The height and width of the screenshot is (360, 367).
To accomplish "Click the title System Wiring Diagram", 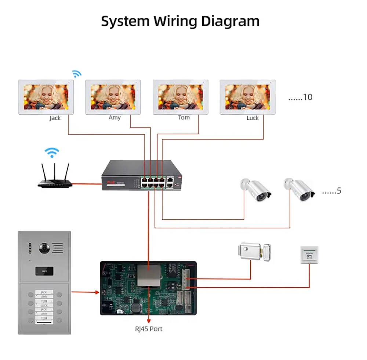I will [x=180, y=21].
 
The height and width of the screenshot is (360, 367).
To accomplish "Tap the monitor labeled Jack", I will [x=46, y=97].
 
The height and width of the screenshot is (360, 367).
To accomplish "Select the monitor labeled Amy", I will [x=113, y=97].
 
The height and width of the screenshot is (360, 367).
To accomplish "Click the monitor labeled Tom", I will [x=180, y=97].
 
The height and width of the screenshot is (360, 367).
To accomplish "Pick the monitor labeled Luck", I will [x=247, y=97].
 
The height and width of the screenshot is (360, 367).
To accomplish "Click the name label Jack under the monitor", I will [x=55, y=118].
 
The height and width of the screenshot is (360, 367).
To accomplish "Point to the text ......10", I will [x=300, y=97].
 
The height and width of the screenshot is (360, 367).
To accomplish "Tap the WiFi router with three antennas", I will [x=55, y=176].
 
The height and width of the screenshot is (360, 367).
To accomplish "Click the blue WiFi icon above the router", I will [x=52, y=152].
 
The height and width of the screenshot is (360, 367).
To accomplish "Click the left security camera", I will [x=255, y=190].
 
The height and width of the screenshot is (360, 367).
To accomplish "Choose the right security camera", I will [x=299, y=189].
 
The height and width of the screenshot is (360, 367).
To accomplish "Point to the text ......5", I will [x=331, y=191].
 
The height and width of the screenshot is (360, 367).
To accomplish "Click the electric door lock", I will [x=254, y=251].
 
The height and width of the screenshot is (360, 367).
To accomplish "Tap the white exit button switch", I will [x=309, y=255].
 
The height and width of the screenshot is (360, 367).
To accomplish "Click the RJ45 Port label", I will [x=148, y=328].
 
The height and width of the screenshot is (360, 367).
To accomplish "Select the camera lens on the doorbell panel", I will [x=44, y=249].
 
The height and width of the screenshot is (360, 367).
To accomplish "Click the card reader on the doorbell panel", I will [x=44, y=271].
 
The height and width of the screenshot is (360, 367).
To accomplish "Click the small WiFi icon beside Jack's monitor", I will [x=76, y=74].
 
